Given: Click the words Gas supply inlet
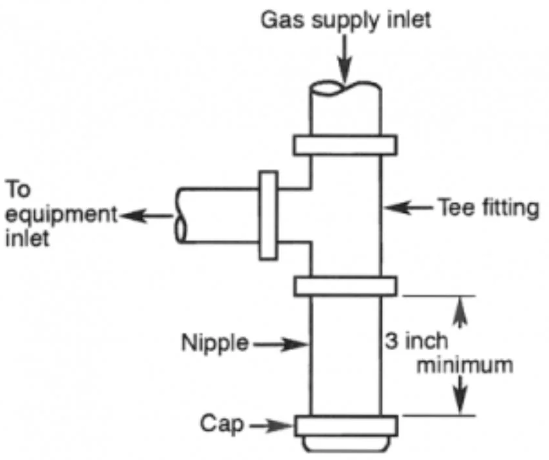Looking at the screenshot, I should pyautogui.click(x=346, y=20).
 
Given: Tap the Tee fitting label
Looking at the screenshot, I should pyautogui.click(x=488, y=207).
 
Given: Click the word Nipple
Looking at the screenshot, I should pyautogui.click(x=215, y=343).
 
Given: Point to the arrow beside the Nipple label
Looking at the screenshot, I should pyautogui.click(x=280, y=344).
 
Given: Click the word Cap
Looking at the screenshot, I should pyautogui.click(x=222, y=424).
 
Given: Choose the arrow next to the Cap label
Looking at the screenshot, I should pyautogui.click(x=271, y=426).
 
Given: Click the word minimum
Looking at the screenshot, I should pyautogui.click(x=464, y=365).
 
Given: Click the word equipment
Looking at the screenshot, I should pyautogui.click(x=61, y=214).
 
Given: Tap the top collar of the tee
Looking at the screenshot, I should pyautogui.click(x=345, y=145).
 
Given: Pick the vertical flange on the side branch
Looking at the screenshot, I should pyautogui.click(x=268, y=216).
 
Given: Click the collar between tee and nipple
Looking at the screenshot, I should pyautogui.click(x=345, y=286).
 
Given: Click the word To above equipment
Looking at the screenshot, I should pyautogui.click(x=18, y=190).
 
